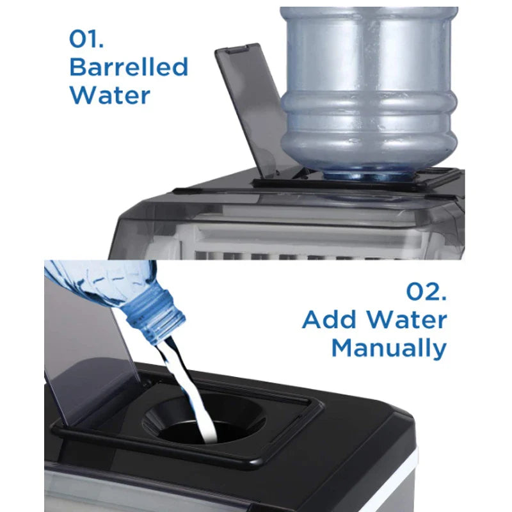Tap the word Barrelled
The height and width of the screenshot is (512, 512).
coord(129,67)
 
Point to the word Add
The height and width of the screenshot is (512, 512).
coord(333,320)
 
